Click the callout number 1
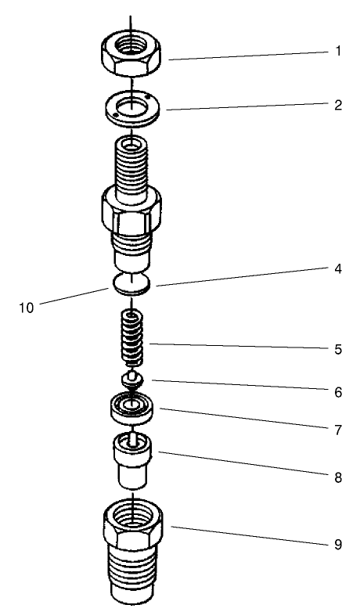pyautogui.click(x=338, y=52)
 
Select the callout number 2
pyautogui.click(x=338, y=105)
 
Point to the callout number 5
pyautogui.click(x=338, y=349)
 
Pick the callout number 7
pyautogui.click(x=338, y=430)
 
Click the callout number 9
pyautogui.click(x=338, y=544)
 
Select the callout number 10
pyautogui.click(x=26, y=308)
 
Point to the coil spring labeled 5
pyautogui.click(x=132, y=338)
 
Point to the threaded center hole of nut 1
pyautogui.click(x=131, y=48)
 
